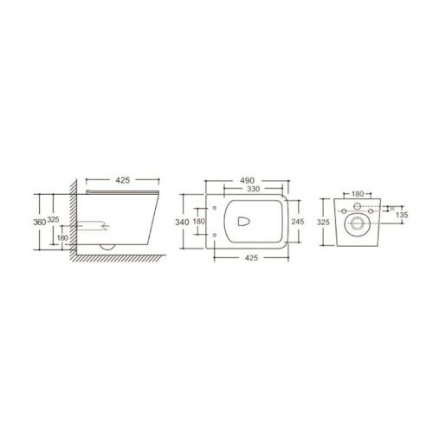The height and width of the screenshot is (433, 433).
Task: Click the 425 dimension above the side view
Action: click(122, 180)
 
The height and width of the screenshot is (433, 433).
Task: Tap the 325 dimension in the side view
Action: click(54, 221)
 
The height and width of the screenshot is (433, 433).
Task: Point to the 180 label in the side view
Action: click(61, 237)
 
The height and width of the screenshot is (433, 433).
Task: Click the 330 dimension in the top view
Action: click(251, 189)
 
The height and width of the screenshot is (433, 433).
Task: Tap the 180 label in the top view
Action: click(200, 221)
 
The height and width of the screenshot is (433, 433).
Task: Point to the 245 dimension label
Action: click(297, 221)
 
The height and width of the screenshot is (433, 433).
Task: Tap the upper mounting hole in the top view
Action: click(213, 208)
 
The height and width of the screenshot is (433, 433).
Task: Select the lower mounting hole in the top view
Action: click(213, 234)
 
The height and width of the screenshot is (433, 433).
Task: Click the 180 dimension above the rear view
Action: click(357, 194)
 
